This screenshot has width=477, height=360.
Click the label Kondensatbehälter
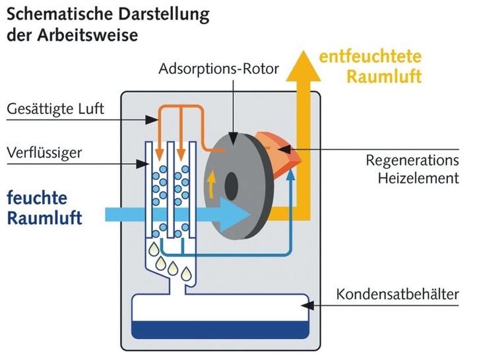(x=397, y=294)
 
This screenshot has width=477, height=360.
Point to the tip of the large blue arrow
(x=249, y=213)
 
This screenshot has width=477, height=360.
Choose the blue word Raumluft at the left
(x=44, y=218)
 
